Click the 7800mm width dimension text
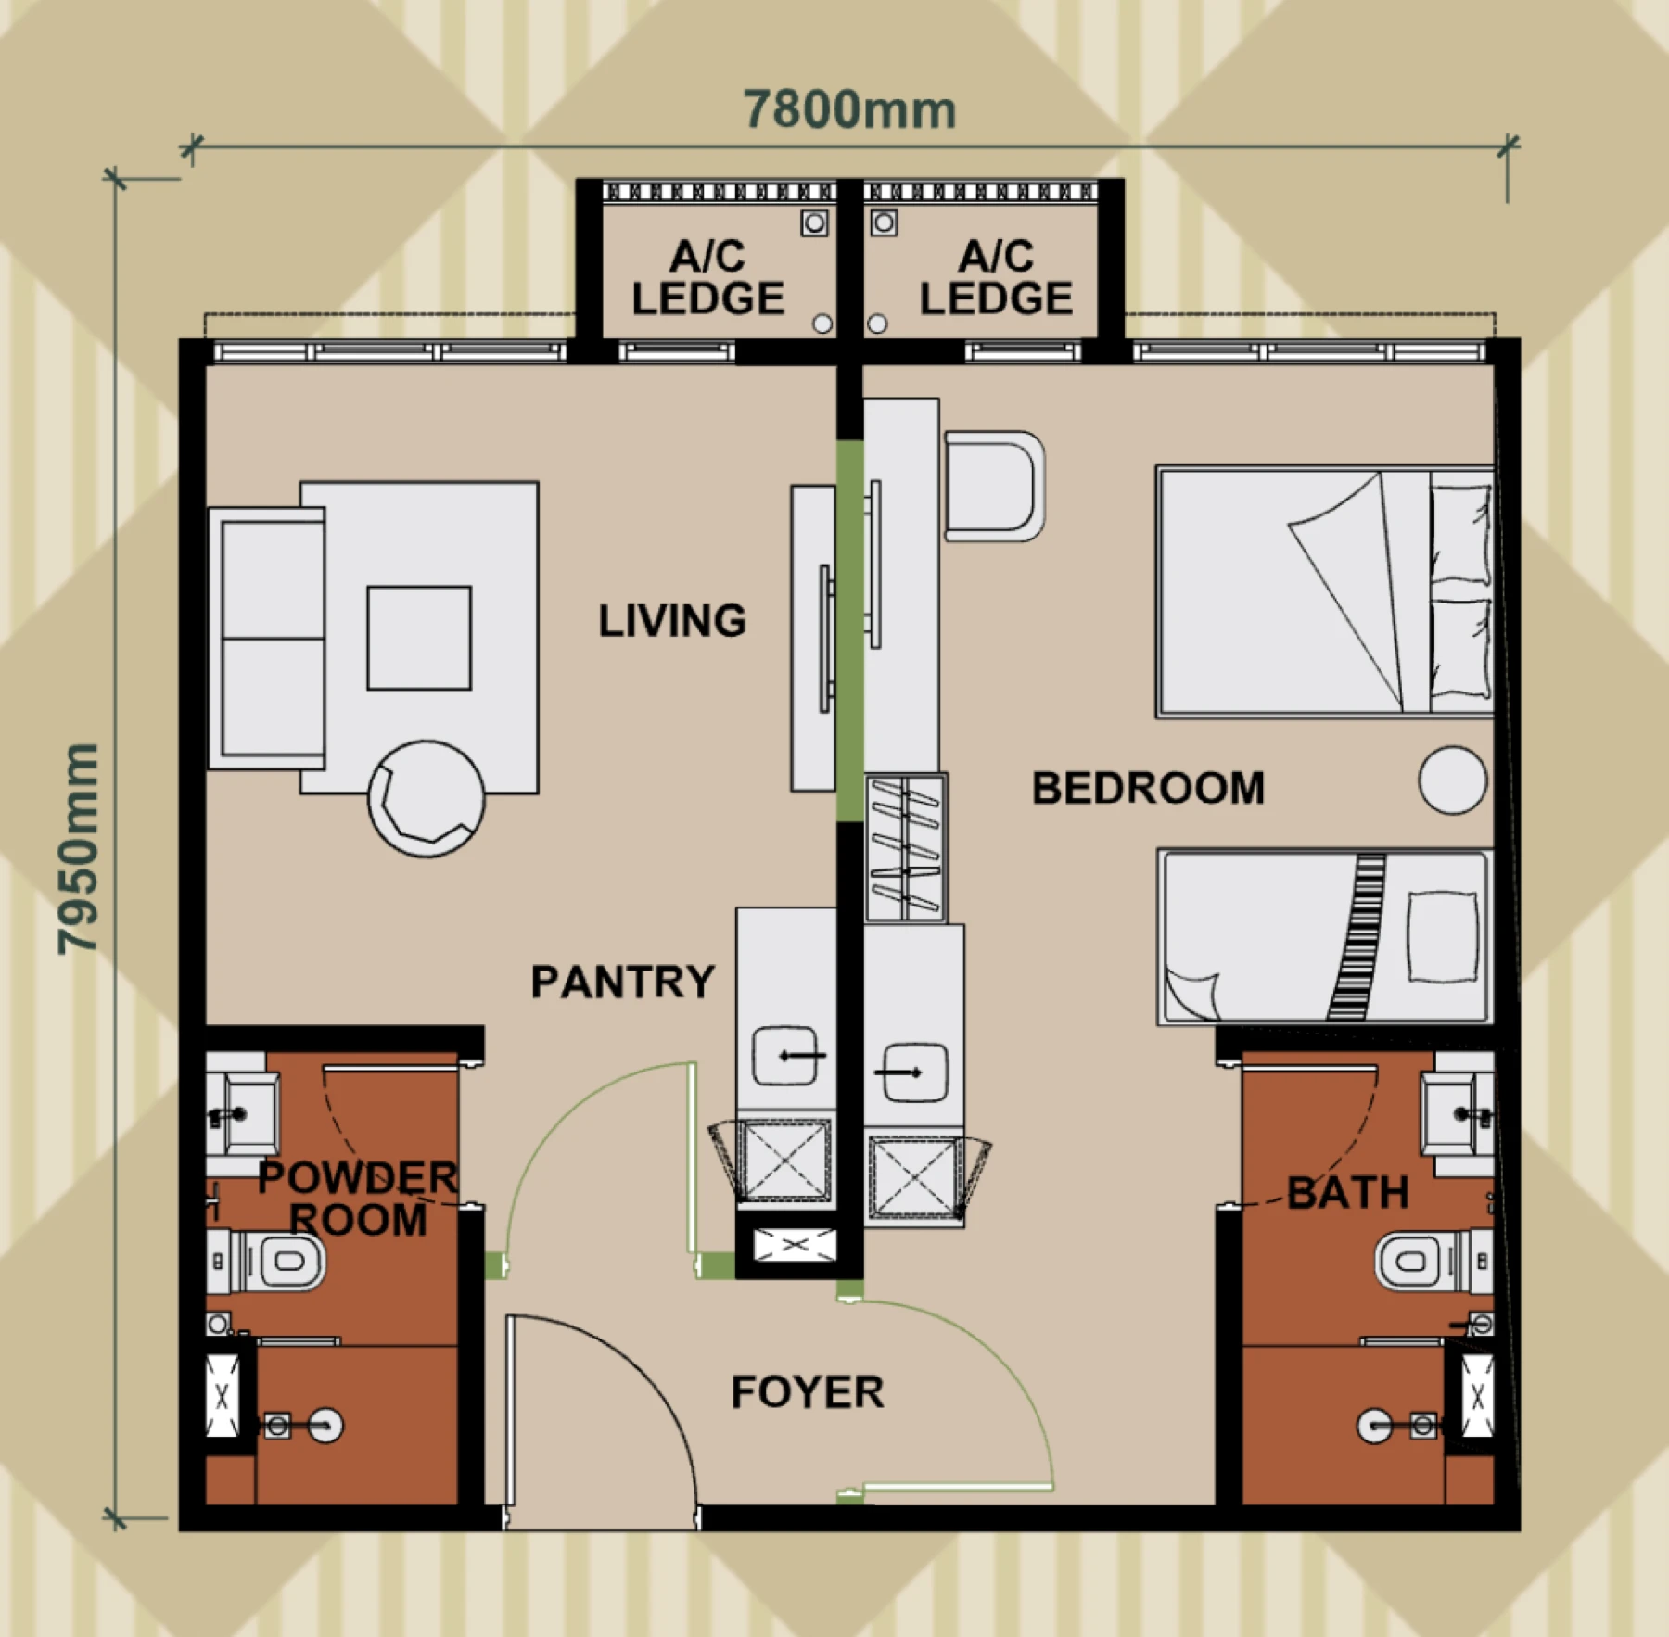pos(849,110)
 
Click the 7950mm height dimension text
pos(78,848)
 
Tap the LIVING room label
pos(672,621)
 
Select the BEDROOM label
pos(1148,788)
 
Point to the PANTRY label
pos(623,982)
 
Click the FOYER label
pos(808,1392)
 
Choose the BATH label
pos(1348,1193)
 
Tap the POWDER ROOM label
pos(358,1199)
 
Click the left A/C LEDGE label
pos(708,277)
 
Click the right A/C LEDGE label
pos(996,277)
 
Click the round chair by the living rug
pos(426,798)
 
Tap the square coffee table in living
pos(419,638)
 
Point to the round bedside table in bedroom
pos(1453,780)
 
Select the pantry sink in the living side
pos(785,1055)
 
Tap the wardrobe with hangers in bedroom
pos(906,847)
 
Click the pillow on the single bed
pos(1443,936)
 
